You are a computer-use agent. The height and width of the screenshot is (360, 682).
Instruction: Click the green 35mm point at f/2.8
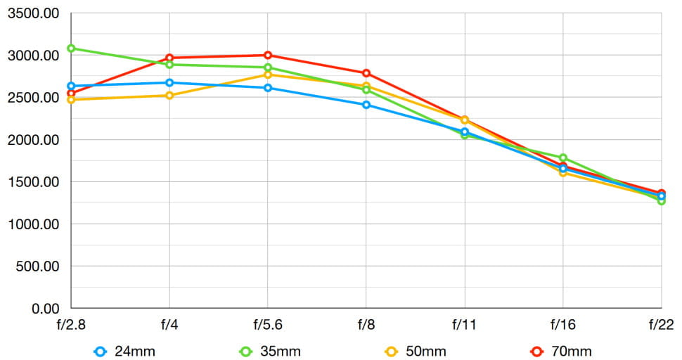coord(71,49)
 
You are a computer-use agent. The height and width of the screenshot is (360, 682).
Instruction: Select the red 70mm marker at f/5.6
coord(268,55)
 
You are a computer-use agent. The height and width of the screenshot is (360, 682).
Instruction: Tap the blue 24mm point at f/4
coord(169,82)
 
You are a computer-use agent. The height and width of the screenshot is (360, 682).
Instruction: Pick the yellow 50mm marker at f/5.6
coord(268,75)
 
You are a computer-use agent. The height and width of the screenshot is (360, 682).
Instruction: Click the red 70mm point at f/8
coord(366,73)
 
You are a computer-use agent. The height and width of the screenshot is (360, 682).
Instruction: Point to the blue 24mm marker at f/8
coord(366,105)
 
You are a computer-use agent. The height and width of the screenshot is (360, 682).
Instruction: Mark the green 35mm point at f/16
coord(563,158)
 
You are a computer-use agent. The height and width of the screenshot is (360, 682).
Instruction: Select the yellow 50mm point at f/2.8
coord(71,100)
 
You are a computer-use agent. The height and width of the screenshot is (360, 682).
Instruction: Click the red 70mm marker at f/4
coord(169,58)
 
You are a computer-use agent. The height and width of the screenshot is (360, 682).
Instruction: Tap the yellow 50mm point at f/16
coord(563,172)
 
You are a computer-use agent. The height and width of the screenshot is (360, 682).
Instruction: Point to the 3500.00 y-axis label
coord(32,13)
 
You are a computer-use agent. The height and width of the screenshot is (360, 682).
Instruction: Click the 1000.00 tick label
coord(32,224)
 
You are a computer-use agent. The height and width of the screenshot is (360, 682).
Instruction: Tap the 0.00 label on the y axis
coord(44,309)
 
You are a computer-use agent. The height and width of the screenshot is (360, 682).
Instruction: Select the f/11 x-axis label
coord(464,326)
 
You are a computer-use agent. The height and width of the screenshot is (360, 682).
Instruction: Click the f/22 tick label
coord(661,326)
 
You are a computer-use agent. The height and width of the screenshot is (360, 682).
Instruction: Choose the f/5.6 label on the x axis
coord(267,326)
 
